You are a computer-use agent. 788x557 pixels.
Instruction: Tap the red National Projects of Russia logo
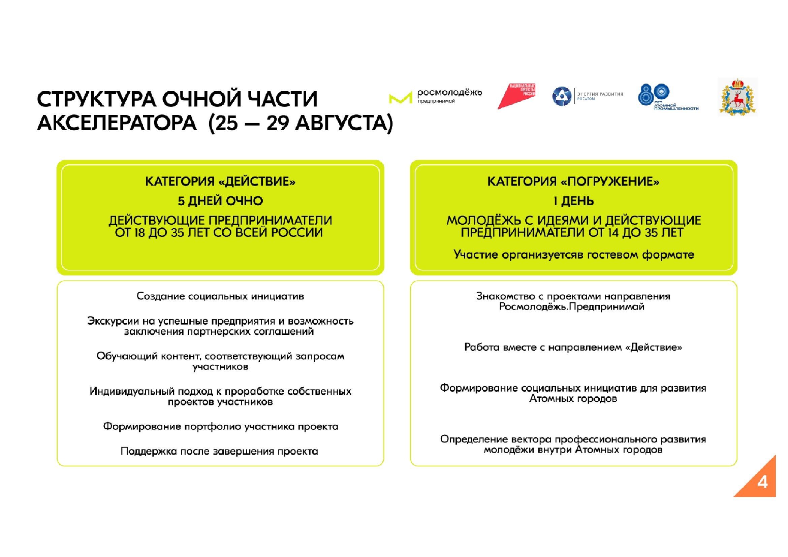point(516,96)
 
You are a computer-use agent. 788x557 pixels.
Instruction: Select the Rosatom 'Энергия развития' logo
point(587,96)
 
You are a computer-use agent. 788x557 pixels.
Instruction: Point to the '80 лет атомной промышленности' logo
point(667,97)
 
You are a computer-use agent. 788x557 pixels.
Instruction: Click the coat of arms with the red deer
point(738,97)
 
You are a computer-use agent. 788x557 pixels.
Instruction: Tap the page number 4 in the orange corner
point(762,483)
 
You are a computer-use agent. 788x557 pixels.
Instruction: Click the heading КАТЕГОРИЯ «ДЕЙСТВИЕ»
point(220,182)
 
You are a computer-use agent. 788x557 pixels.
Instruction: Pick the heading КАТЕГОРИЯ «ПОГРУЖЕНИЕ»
point(573,182)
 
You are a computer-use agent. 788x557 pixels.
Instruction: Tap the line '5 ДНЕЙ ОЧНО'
point(220,201)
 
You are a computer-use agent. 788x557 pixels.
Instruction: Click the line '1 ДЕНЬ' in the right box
point(573,201)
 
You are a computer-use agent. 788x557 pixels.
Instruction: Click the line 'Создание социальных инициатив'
point(220,296)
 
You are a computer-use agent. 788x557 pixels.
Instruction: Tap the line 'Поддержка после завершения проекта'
point(219,451)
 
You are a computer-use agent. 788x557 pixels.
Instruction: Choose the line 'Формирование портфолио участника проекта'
point(221,426)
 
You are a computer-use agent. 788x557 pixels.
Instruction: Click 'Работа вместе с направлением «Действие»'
point(573,348)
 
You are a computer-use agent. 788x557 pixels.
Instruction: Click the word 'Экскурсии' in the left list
point(109,321)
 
